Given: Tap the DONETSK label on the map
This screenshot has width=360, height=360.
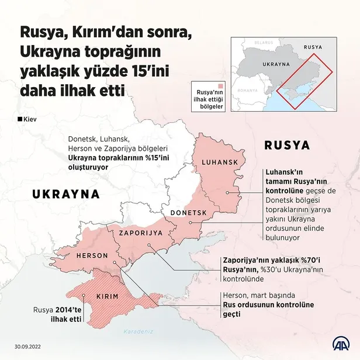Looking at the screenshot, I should coord(189,213).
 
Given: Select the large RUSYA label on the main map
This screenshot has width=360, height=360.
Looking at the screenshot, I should coord(287,144).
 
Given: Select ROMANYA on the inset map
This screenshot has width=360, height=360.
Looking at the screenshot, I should coord(248,91).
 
